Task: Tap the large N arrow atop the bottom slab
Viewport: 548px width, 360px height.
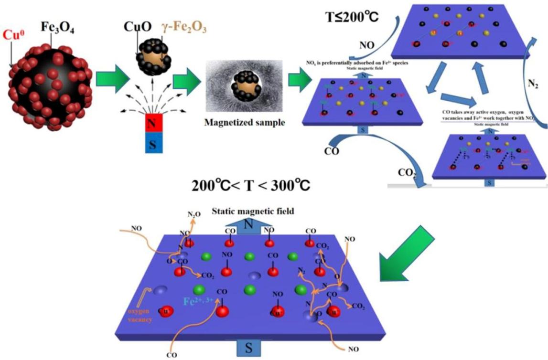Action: tap(247, 226)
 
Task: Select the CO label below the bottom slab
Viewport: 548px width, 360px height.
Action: tap(172, 355)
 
